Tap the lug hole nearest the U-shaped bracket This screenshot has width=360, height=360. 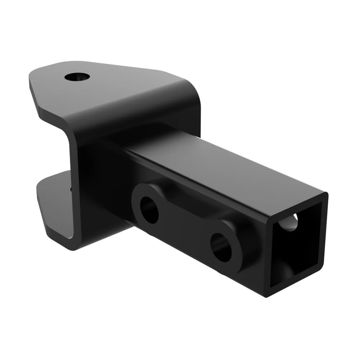click(x=149, y=210)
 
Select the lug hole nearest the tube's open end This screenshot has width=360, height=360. click(x=221, y=247)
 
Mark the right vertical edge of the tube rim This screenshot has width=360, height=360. click(x=324, y=238)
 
